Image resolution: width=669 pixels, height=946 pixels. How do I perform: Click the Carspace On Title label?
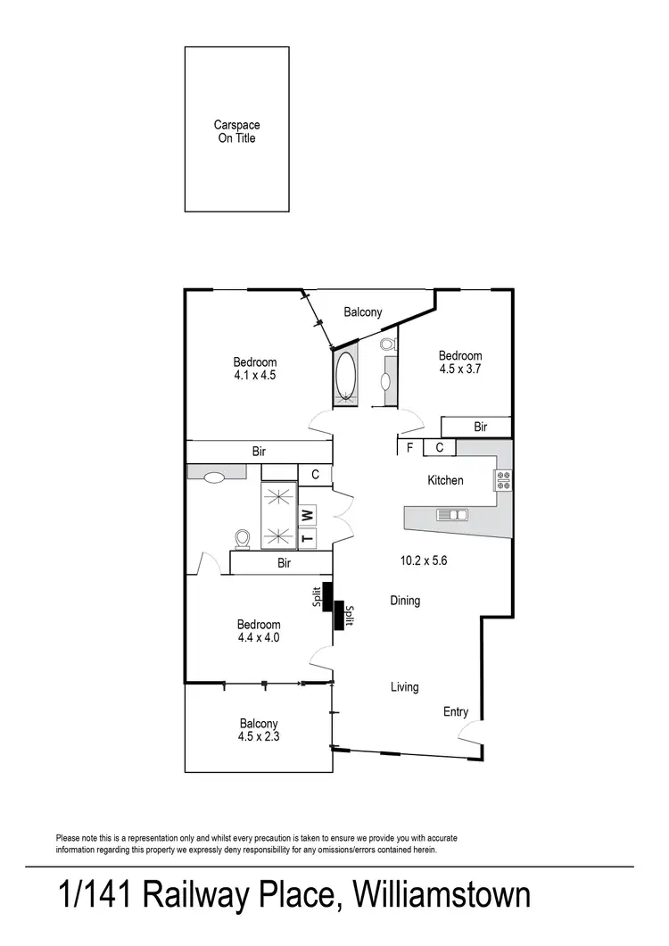pyautogui.click(x=236, y=132)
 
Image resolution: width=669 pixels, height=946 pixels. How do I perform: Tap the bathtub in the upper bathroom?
pyautogui.click(x=344, y=377)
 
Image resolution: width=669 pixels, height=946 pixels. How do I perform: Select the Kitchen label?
pyautogui.click(x=445, y=480)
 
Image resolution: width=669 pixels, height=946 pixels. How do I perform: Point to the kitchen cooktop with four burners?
pyautogui.click(x=503, y=480)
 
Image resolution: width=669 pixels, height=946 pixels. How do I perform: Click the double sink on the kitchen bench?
pyautogui.click(x=452, y=515)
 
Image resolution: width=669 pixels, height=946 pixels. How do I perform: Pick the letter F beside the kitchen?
pyautogui.click(x=409, y=448)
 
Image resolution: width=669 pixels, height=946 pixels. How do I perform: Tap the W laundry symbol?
pyautogui.click(x=307, y=515)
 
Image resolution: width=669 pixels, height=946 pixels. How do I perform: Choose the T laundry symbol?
pyautogui.click(x=307, y=537)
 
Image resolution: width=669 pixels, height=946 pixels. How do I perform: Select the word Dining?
pyautogui.click(x=405, y=601)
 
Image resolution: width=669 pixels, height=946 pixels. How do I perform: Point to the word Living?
pyautogui.click(x=404, y=687)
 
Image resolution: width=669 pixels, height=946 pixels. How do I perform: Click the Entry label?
pyautogui.click(x=456, y=712)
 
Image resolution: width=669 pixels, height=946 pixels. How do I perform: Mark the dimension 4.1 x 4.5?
pyautogui.click(x=255, y=375)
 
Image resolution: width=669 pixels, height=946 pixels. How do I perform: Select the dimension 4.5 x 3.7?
pyautogui.click(x=460, y=368)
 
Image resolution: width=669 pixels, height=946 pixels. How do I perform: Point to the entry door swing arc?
pyautogui.click(x=466, y=734)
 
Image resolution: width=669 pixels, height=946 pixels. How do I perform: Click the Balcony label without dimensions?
pyautogui.click(x=363, y=312)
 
